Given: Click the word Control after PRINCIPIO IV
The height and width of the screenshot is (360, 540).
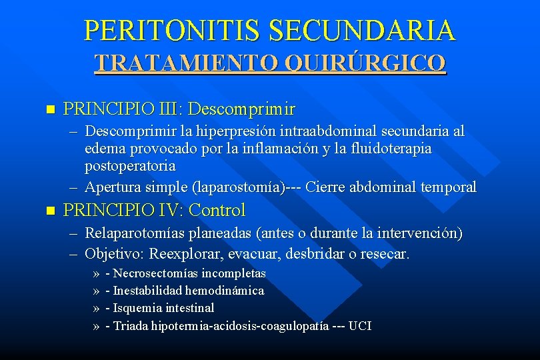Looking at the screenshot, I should point(217,211).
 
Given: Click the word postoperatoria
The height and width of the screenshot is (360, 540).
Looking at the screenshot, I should point(130,165).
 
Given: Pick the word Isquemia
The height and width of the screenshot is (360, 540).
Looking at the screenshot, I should point(141,308).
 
